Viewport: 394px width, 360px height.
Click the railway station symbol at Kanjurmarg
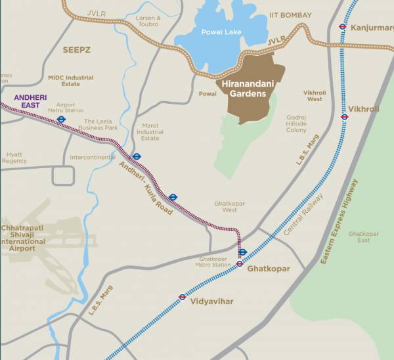pos(342,27)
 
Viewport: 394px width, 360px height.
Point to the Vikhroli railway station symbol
pos(344,117)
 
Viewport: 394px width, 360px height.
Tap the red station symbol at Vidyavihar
pos(183,297)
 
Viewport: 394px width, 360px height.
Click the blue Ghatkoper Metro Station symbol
pos(242,252)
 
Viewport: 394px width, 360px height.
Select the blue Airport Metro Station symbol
pos(60,120)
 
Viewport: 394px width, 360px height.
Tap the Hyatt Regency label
pos(14,158)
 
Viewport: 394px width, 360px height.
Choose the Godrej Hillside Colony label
pos(296,124)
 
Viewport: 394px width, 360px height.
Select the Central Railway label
pos(304,215)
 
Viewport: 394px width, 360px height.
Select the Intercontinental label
pos(93,158)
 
